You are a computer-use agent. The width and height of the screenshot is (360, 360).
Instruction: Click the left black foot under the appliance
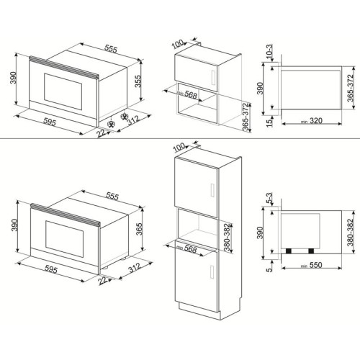click(x=292, y=251)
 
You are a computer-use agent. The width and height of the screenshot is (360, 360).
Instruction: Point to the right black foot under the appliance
click(x=312, y=251)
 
